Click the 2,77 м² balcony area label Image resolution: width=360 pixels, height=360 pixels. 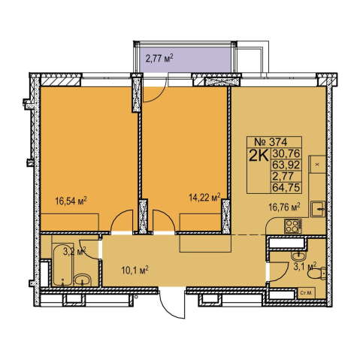[159, 59]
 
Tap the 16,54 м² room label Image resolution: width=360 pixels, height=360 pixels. [71, 201]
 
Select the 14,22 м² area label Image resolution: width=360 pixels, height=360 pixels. [204, 197]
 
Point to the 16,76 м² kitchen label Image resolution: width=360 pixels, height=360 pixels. [284, 207]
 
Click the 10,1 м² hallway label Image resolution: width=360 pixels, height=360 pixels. [135, 270]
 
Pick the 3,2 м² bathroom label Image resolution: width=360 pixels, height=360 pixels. [74, 251]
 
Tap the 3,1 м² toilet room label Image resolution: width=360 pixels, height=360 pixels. [305, 266]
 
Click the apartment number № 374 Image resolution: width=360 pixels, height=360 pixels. [271, 142]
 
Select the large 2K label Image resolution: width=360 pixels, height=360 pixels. [259, 156]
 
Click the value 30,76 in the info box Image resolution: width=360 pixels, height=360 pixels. [286, 153]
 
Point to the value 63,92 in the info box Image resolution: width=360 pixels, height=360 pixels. [286, 165]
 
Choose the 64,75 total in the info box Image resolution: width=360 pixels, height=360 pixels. [286, 187]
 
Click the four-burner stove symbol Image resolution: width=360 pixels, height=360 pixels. [292, 225]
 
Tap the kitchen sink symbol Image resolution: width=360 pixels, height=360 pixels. [318, 209]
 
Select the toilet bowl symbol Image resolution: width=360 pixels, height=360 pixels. [316, 274]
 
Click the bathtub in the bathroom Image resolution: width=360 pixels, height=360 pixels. [62, 265]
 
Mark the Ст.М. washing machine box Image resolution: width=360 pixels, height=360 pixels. [306, 292]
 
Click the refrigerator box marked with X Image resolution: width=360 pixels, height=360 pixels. [317, 165]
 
